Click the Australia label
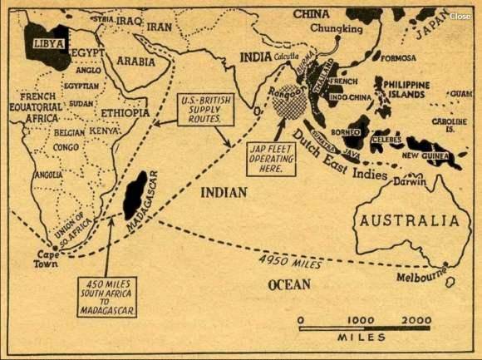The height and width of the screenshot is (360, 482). click(x=408, y=220)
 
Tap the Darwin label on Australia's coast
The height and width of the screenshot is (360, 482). click(x=409, y=180)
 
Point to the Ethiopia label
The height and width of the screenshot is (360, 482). click(x=125, y=112)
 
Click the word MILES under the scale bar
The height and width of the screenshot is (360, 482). click(x=361, y=338)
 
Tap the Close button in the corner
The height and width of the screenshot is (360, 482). click(x=460, y=16)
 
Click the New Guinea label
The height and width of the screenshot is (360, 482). click(x=425, y=155)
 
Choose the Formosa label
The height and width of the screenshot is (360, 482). click(x=398, y=59)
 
